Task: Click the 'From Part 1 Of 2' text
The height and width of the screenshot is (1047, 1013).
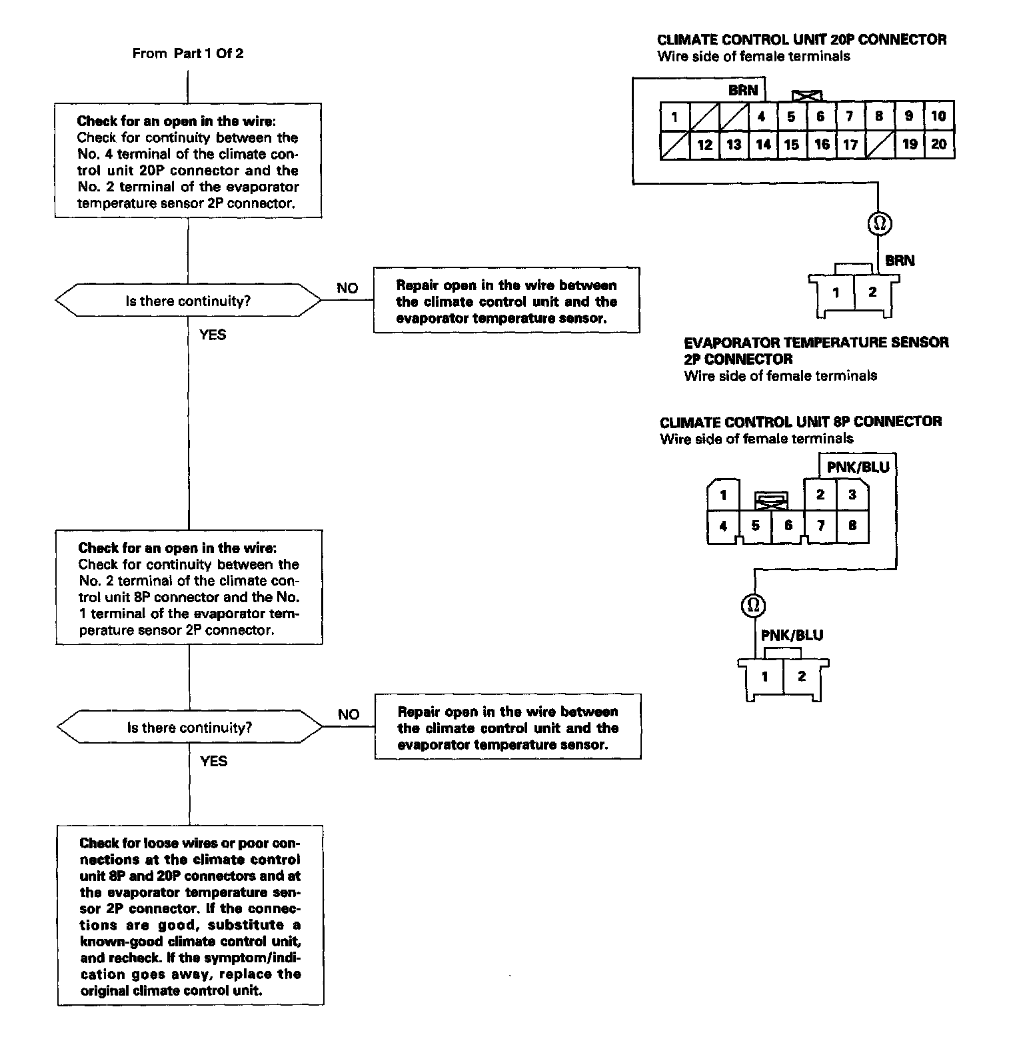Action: pos(188,53)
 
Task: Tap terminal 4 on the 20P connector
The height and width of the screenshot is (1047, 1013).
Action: pos(761,116)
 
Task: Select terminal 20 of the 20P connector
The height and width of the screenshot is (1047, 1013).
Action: pos(938,144)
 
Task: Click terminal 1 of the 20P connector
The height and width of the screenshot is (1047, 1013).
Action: pos(674,117)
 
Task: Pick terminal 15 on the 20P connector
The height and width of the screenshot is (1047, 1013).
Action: pos(791,144)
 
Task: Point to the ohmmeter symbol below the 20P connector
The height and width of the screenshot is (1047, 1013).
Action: pos(879,223)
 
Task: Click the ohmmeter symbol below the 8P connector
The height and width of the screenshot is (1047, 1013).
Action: pos(753,606)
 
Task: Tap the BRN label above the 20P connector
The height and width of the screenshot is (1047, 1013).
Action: pos(743,90)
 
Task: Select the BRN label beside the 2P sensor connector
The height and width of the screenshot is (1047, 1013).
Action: pos(900,260)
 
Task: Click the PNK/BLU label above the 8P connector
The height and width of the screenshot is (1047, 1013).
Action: pos(858,467)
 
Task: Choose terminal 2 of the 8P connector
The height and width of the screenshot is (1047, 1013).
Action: pos(820,495)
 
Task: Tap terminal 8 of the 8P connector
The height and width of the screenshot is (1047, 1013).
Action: pos(852,526)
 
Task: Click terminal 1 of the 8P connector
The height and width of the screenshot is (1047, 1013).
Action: pos(723,495)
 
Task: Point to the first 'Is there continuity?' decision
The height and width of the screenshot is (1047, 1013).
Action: pos(188,301)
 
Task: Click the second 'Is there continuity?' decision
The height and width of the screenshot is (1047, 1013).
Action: pos(189,728)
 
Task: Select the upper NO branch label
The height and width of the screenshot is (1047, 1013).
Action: pos(347,288)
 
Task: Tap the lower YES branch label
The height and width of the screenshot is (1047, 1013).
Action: pos(213,761)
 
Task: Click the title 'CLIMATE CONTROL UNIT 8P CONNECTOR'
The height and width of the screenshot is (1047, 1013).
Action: pos(800,421)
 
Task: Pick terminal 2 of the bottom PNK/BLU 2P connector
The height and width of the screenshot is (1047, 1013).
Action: pos(802,676)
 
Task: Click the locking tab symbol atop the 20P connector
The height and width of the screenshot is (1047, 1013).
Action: pos(806,96)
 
